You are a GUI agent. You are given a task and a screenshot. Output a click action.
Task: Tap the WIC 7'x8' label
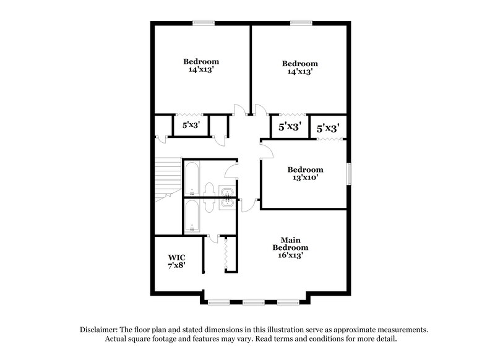176,260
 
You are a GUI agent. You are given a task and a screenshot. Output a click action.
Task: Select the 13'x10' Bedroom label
305,174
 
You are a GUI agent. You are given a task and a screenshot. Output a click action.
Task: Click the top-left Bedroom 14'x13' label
201,66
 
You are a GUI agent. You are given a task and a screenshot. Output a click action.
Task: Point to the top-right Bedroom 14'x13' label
300,67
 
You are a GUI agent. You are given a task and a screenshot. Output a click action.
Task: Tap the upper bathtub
191,177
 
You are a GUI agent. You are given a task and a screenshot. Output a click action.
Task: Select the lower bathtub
191,216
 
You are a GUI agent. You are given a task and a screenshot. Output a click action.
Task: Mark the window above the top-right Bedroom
301,24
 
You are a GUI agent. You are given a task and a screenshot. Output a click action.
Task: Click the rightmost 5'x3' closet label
328,129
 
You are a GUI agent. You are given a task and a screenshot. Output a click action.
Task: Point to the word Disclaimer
100,330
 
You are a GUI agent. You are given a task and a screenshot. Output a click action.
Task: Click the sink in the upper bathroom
226,191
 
